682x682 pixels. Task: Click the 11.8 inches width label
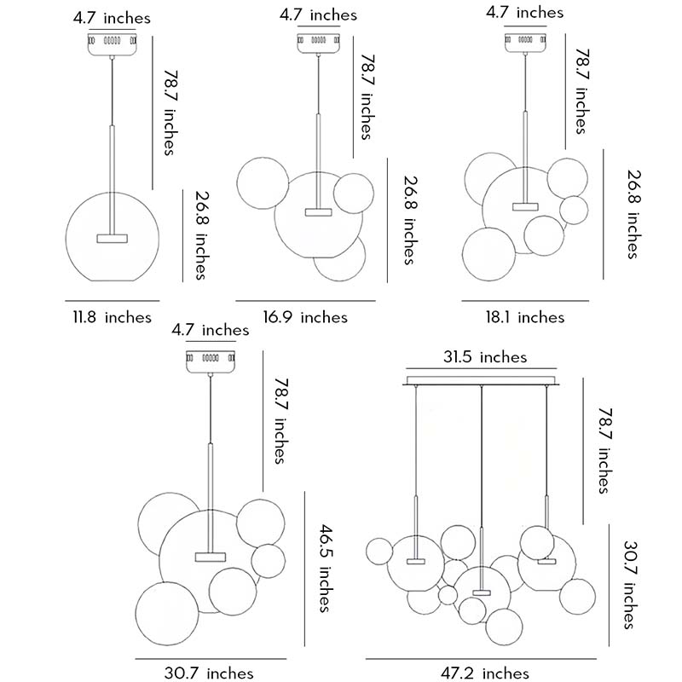(111, 318)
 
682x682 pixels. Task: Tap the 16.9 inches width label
(305, 317)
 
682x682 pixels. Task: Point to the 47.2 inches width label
(485, 673)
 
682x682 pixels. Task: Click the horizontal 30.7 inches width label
(209, 673)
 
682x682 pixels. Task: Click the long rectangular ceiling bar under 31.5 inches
(483, 379)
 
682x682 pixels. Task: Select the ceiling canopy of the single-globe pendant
(112, 42)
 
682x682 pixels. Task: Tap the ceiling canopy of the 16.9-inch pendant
(321, 42)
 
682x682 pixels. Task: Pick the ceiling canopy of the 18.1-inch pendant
(525, 39)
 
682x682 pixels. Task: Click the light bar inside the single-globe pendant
(111, 238)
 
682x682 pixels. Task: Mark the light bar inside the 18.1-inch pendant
(525, 206)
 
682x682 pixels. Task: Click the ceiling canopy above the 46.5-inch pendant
(210, 361)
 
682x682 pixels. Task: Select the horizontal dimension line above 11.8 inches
(112, 300)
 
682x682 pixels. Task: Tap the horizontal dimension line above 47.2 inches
(482, 658)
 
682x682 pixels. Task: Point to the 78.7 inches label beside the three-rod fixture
(603, 450)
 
